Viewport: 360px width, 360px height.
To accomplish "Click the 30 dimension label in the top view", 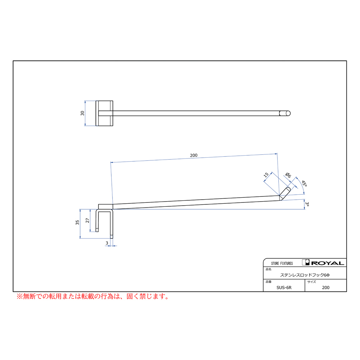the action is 82,113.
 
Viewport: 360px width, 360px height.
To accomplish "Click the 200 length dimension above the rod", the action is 194,155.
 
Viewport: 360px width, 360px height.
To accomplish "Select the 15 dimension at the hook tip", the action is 266,175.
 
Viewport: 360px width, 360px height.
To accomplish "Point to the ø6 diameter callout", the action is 288,175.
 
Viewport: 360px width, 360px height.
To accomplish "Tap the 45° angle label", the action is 304,183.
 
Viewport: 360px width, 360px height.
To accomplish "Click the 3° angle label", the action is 307,204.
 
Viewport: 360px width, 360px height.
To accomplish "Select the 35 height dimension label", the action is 77,222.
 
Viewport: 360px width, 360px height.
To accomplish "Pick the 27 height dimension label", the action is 87,220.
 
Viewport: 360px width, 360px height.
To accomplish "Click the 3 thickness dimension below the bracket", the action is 107,243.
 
